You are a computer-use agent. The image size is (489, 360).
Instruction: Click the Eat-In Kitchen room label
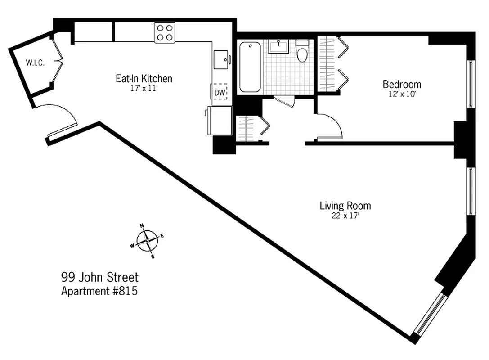click(144, 79)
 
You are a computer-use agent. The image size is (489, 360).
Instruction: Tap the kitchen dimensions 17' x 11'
click(144, 89)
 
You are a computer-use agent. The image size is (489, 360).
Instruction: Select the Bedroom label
click(402, 84)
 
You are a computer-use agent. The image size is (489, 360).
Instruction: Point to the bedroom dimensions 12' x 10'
click(402, 94)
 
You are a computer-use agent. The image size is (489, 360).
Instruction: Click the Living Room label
click(345, 206)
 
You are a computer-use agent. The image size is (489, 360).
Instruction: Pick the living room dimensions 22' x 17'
click(345, 216)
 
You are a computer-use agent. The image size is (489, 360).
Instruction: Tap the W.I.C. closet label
click(35, 63)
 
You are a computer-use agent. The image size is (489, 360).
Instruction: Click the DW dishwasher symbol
click(220, 93)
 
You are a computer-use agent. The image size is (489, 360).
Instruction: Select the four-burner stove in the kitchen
click(164, 32)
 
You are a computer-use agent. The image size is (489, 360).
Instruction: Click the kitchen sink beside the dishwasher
click(221, 59)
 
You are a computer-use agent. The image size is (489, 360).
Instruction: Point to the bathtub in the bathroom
click(250, 67)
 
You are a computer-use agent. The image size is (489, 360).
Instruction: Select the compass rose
click(148, 242)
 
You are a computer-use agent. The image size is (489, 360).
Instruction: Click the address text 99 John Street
click(99, 277)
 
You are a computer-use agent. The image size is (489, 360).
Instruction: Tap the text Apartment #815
click(99, 291)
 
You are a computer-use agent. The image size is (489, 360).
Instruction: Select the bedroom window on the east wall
click(471, 84)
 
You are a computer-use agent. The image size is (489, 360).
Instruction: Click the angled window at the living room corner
click(431, 314)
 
